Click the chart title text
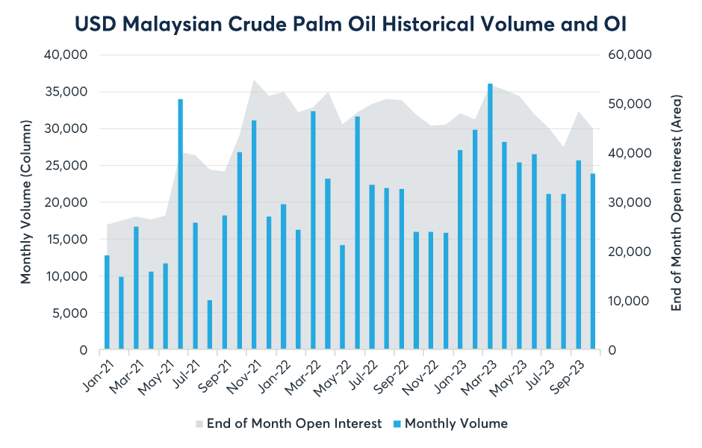point(350,24)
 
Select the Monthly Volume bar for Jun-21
point(181,224)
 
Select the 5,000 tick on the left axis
point(74,313)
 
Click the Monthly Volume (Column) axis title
point(27,202)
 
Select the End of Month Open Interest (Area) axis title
point(677,202)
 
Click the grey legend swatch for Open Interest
point(199,424)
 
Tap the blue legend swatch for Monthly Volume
point(397,424)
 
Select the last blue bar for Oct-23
point(593,261)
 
